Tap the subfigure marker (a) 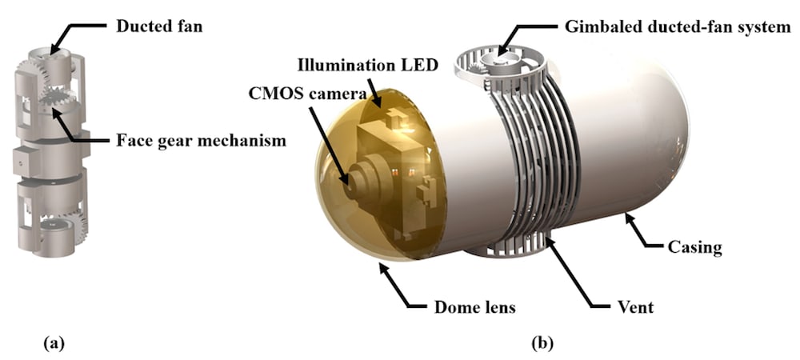tap(53, 344)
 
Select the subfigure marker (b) tap(542, 344)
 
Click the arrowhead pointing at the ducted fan tap(52, 50)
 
